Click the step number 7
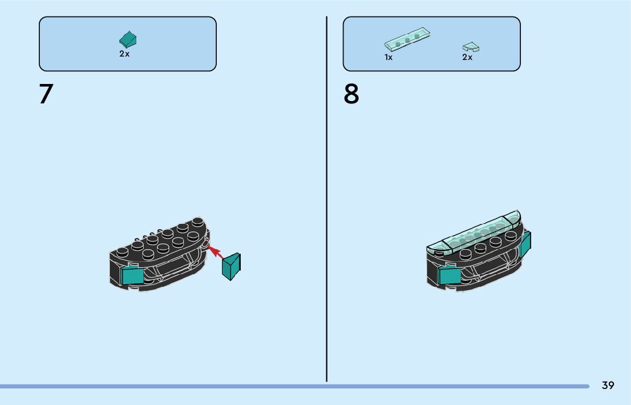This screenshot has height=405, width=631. click(46, 94)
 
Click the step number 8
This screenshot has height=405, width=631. click(351, 94)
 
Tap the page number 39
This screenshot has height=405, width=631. click(608, 386)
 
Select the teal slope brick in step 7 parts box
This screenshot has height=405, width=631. click(128, 39)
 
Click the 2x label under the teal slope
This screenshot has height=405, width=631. click(124, 54)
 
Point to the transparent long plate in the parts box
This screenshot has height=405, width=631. click(407, 39)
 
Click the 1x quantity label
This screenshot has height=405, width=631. click(389, 57)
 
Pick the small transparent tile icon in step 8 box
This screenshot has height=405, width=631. click(471, 47)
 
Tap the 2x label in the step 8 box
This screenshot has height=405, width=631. click(467, 57)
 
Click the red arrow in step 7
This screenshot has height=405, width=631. click(216, 252)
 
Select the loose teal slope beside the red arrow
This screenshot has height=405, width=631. click(232, 266)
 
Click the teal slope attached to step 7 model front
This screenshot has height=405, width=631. click(132, 275)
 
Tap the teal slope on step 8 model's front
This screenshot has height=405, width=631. click(450, 276)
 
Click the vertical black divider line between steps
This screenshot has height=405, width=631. click(326, 200)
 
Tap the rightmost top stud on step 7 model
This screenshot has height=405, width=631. click(198, 222)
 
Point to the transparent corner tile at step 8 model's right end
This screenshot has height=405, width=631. click(513, 218)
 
